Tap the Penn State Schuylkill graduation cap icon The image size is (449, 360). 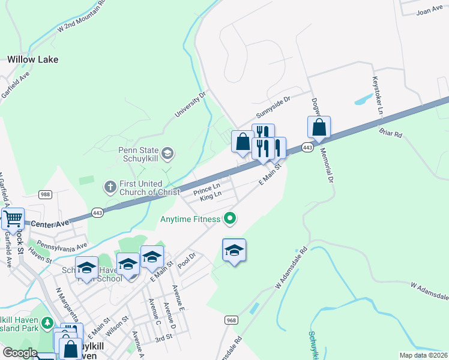167,154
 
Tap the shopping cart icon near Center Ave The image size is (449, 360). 13,220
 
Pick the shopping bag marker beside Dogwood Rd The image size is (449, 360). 319,128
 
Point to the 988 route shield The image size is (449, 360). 45,194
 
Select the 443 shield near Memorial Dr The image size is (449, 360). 307,147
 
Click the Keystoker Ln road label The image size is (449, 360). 377,95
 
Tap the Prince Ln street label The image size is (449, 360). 207,192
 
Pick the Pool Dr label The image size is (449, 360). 187,259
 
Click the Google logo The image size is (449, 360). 19,353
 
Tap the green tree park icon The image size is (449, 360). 47,326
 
